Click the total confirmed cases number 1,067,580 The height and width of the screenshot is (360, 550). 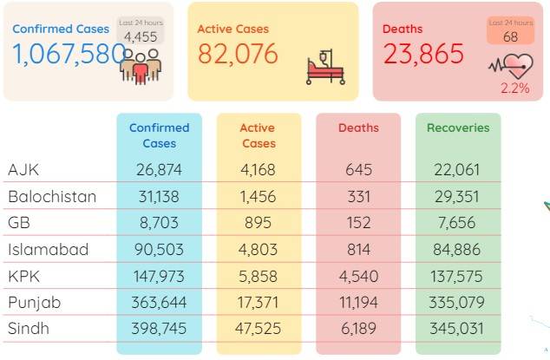[69, 54]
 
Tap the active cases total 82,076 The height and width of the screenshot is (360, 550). [238, 54]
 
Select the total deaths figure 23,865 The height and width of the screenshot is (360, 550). [423, 54]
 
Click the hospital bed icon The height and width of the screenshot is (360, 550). [325, 68]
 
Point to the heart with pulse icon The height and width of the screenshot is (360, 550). [511, 66]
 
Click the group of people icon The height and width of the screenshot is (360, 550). [141, 67]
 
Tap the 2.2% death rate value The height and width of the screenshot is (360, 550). [514, 88]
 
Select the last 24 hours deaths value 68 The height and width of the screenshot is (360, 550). [510, 36]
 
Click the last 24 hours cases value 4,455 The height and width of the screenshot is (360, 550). [141, 36]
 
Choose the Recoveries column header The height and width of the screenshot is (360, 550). [458, 128]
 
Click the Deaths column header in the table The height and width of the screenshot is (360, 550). [358, 128]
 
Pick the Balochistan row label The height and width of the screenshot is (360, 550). [52, 197]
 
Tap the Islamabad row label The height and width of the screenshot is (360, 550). [48, 250]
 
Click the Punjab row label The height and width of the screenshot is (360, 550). [35, 303]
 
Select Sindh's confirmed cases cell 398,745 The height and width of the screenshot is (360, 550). [159, 329]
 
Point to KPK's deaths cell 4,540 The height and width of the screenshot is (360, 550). [358, 277]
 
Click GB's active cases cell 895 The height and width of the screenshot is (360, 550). [259, 223]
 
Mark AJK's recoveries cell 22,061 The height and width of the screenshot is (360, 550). [456, 170]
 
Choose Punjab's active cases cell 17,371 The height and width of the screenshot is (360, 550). [258, 303]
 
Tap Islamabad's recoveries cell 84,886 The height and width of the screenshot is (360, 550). [456, 250]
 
